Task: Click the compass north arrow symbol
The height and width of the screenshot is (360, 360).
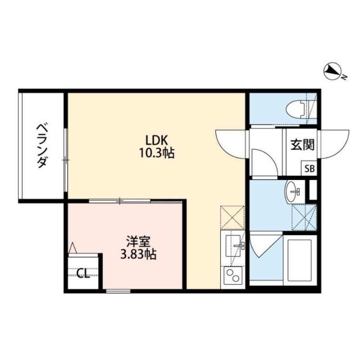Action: pyautogui.click(x=333, y=71)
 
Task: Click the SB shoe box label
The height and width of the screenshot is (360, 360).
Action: pyautogui.click(x=310, y=169)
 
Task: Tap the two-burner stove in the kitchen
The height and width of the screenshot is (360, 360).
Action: pyautogui.click(x=232, y=275)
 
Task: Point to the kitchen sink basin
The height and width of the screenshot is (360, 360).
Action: pyautogui.click(x=233, y=245)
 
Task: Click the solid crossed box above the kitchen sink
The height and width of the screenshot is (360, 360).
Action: pyautogui.click(x=233, y=217)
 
